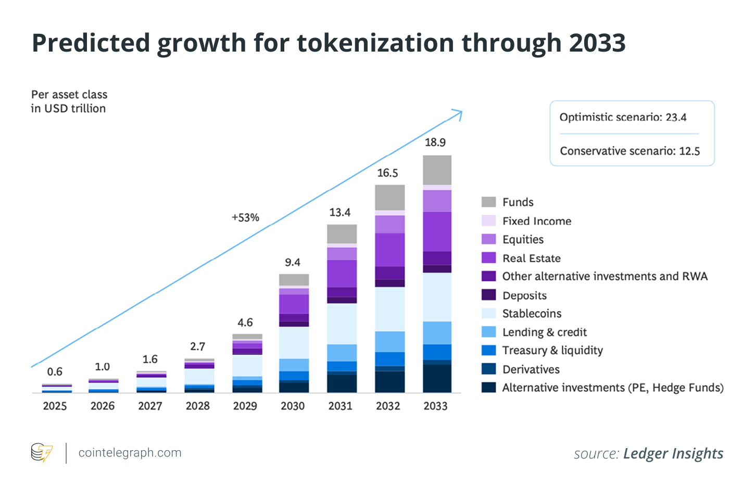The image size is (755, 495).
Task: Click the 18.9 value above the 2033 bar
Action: (435, 142)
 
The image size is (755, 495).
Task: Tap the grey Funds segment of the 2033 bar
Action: (437, 169)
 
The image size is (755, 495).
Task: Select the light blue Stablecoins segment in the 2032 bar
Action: (389, 309)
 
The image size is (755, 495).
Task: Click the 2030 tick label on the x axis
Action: (293, 406)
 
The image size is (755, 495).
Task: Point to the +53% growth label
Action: (245, 218)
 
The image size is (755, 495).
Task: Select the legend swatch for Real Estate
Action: (488, 258)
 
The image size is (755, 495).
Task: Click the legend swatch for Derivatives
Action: (488, 369)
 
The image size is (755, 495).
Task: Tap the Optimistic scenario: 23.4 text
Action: (623, 117)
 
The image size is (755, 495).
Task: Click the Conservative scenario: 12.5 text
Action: (630, 151)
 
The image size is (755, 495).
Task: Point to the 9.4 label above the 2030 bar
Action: (293, 262)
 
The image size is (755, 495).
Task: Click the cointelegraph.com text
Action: (130, 453)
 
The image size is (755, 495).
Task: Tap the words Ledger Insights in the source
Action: (673, 454)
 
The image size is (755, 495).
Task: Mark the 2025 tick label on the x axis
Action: (55, 406)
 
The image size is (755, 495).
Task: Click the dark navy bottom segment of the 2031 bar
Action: (342, 383)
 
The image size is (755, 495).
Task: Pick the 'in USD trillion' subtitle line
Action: (68, 108)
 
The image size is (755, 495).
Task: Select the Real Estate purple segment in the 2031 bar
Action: (342, 273)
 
